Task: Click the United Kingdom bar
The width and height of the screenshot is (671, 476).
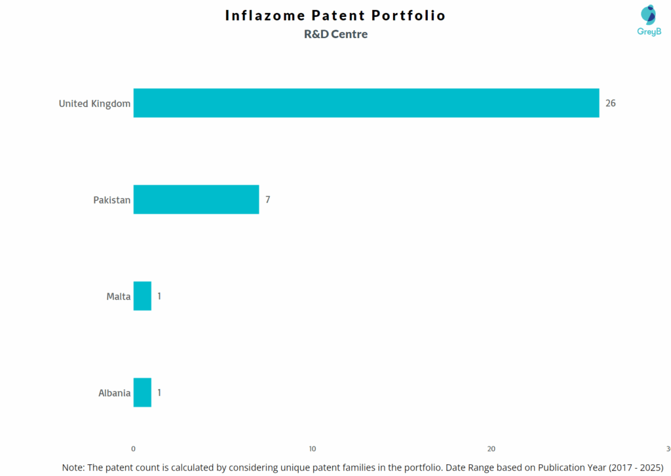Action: (x=366, y=103)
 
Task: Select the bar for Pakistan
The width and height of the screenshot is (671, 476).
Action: (x=196, y=200)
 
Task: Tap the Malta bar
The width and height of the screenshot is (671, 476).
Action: (x=142, y=296)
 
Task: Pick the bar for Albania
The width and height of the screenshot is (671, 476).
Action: (x=142, y=393)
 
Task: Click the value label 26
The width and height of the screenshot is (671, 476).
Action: (x=611, y=103)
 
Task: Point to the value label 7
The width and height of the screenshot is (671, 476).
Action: (x=267, y=200)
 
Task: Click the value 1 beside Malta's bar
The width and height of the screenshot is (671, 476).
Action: (x=159, y=296)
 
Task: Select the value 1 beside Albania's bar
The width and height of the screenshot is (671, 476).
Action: (x=159, y=393)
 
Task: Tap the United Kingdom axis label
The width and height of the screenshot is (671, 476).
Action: (x=94, y=103)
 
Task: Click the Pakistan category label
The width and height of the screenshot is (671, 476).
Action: (x=111, y=200)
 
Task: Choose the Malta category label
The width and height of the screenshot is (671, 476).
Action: (x=119, y=297)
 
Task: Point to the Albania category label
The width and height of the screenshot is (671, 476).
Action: (x=114, y=393)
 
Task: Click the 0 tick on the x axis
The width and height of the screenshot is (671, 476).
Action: (x=134, y=449)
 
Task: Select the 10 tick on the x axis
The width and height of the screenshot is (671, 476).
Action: (x=313, y=449)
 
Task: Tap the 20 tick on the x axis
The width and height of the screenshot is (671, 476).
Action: (x=491, y=449)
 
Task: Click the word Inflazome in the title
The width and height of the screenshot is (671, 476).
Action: (x=265, y=15)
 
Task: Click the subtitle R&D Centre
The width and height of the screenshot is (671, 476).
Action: (x=335, y=34)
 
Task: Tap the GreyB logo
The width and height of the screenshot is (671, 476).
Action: (x=649, y=20)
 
